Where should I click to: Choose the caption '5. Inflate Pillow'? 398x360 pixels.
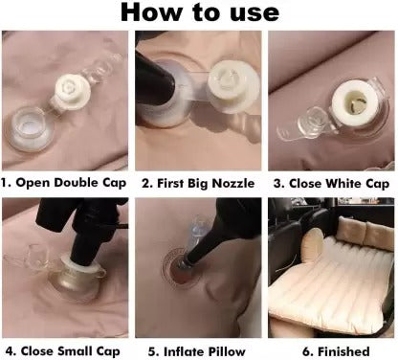tap(198, 349)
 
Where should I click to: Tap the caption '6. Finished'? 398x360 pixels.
tap(330, 349)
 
